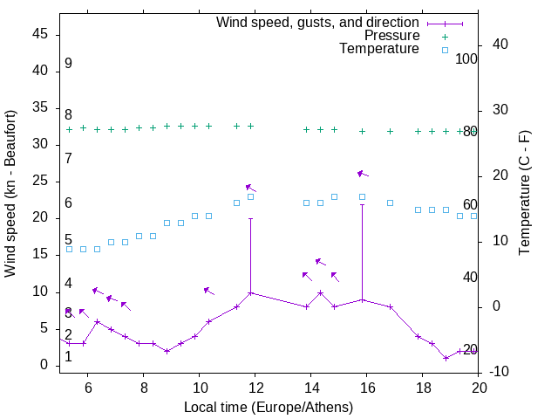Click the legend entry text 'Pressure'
pos(392,36)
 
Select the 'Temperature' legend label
pos(379,49)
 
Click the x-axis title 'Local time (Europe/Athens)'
pos(269,407)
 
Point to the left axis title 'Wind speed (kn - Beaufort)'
pos(10,194)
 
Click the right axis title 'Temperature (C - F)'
pos(524,194)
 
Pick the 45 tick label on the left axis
pos(38,34)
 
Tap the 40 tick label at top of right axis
pos(500,45)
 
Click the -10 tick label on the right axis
pos(500,372)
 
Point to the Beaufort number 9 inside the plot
pos(68,64)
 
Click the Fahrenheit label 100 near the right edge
pos(467,58)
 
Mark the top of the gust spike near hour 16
pos(363,205)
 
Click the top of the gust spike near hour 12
pos(251,218)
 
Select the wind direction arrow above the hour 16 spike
pos(363,174)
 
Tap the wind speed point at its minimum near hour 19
pos(446,358)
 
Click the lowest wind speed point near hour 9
pos(167,351)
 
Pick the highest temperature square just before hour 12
pos(251,196)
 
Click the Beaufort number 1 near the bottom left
pos(68,356)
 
